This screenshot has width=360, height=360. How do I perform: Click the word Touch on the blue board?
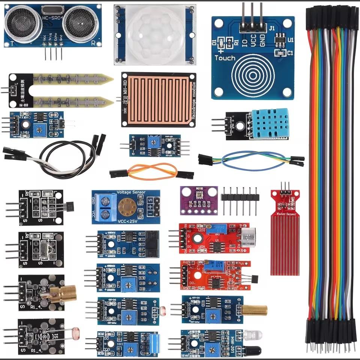(225, 58)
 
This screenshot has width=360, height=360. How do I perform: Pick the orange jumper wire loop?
(152, 172)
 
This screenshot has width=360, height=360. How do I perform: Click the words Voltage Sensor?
(131, 192)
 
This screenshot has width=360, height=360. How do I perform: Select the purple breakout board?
(198, 201)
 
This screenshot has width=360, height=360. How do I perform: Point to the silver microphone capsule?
(248, 237)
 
